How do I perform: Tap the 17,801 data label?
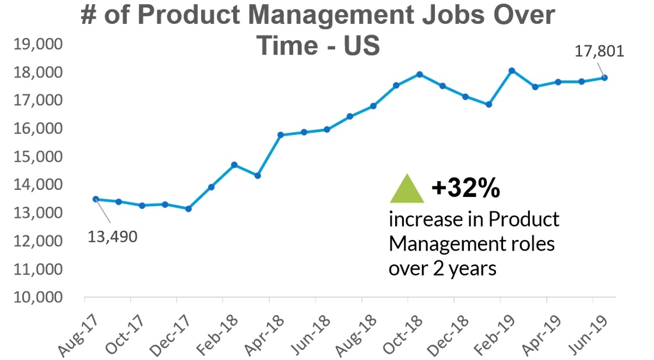pyautogui.click(x=599, y=51)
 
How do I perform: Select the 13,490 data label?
pyautogui.click(x=113, y=237)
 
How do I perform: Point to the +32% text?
pyautogui.click(x=466, y=188)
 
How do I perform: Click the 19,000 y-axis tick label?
pyautogui.click(x=38, y=45)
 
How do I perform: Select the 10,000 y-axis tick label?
pyautogui.click(x=38, y=298)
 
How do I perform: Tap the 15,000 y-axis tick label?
pyautogui.click(x=38, y=157)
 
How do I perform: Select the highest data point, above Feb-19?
pyautogui.click(x=512, y=70)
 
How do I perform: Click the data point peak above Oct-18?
pyautogui.click(x=419, y=74)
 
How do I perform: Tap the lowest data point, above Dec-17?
pyautogui.click(x=188, y=209)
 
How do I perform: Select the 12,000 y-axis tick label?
pyautogui.click(x=38, y=241)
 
